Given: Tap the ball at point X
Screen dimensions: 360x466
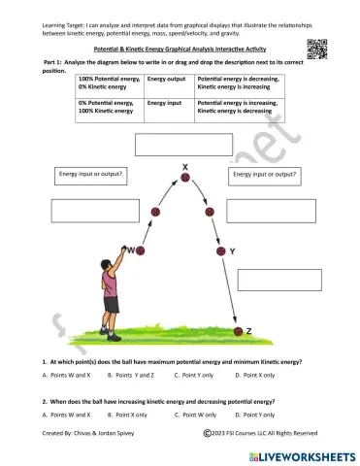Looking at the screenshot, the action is click(185, 177).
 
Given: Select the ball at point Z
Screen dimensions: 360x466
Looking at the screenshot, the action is click(235, 331).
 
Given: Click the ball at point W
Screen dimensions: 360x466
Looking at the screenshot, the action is click(141, 250).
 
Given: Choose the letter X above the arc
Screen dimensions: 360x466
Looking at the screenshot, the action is click(184, 165).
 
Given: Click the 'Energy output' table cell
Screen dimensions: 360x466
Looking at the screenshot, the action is click(166, 84).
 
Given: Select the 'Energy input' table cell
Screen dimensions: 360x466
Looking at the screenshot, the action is click(166, 107).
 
